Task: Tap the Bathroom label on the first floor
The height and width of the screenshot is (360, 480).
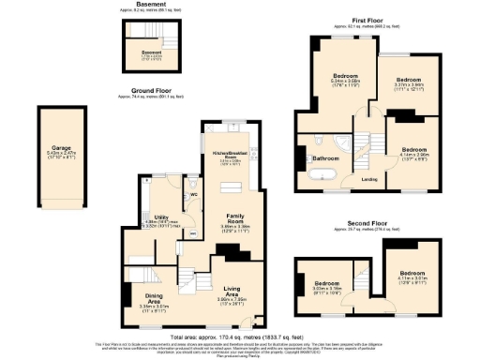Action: coord(324,158)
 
